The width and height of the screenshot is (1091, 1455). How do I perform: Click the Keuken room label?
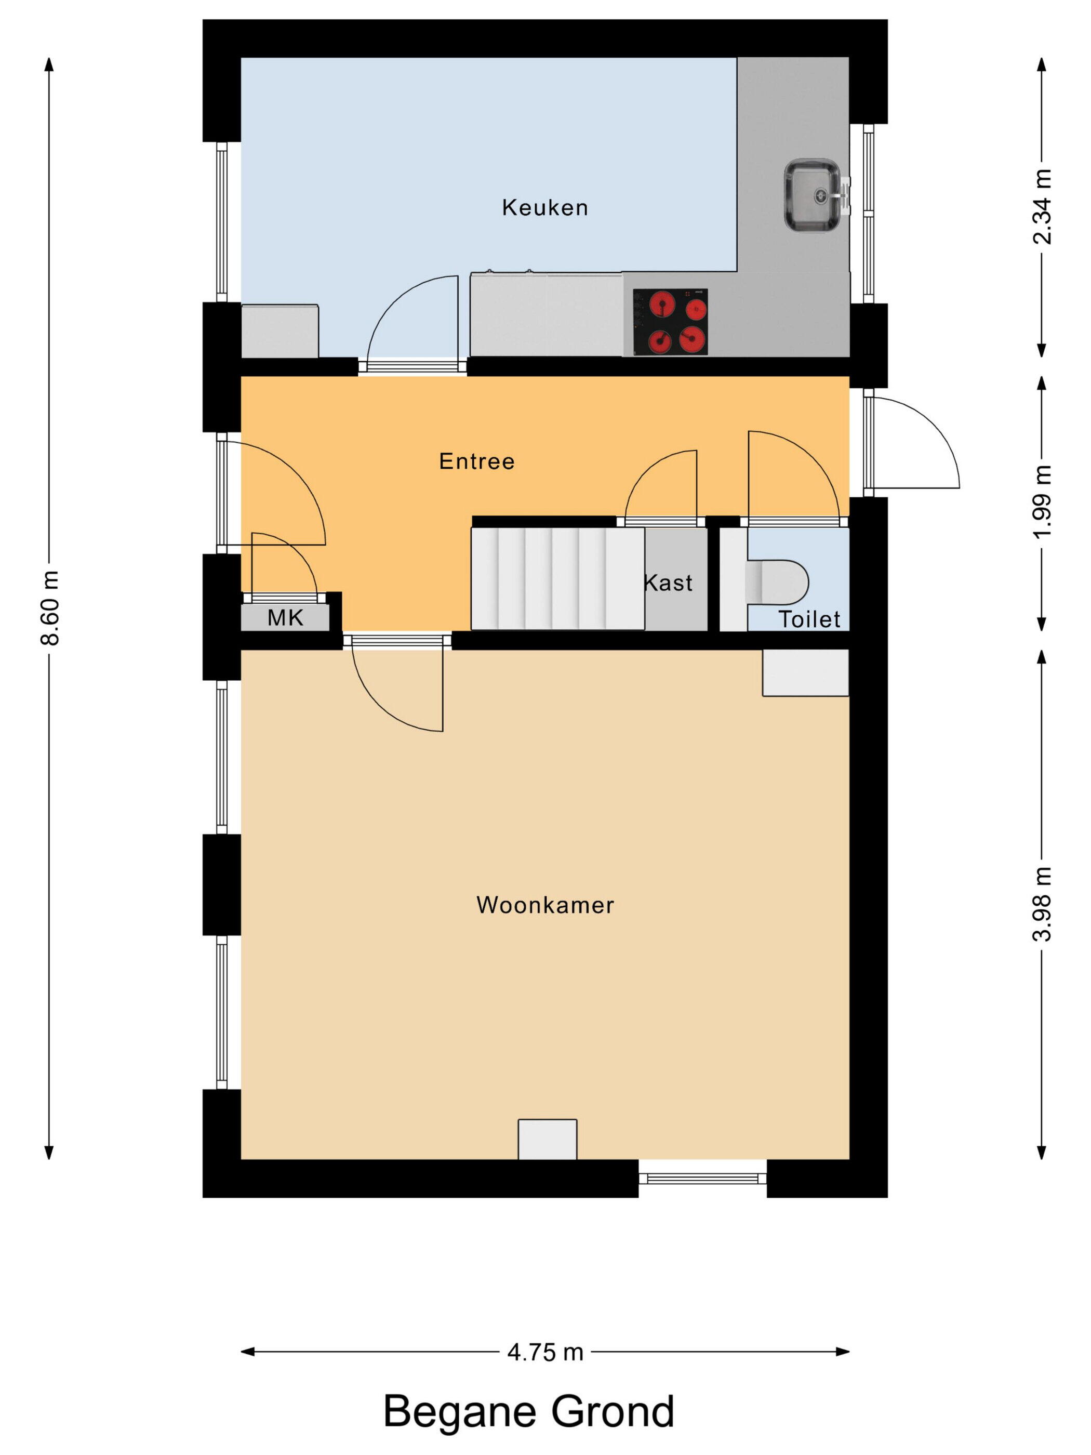[x=544, y=207]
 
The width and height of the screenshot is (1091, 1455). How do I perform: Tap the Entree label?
[x=477, y=461]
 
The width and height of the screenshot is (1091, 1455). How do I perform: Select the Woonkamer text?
[x=545, y=905]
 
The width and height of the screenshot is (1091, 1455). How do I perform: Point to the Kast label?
[x=668, y=583]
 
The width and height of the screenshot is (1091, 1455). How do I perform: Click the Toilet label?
[x=809, y=619]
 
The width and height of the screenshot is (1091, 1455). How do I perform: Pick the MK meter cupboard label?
[x=285, y=618]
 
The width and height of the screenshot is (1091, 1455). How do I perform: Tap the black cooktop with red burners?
[x=670, y=322]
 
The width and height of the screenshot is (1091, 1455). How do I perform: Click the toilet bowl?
[x=777, y=582]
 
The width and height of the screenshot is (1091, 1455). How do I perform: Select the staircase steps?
[x=557, y=578]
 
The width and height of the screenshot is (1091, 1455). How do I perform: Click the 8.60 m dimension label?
[x=50, y=609]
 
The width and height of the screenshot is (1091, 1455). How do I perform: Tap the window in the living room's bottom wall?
[x=702, y=1178]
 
